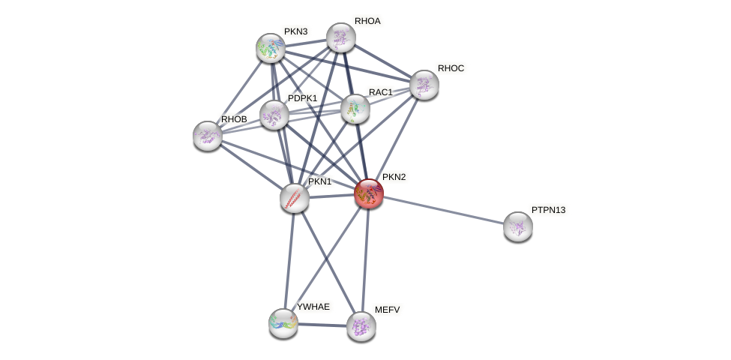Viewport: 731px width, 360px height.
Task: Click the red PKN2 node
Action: coord(369,193)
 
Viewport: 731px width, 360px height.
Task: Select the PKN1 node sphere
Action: coord(295,198)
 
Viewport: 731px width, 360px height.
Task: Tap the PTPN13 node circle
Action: coord(518,226)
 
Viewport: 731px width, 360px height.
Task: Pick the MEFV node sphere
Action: coord(361,326)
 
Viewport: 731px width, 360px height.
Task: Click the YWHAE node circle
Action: coord(283,323)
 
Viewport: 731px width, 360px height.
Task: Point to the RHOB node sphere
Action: coord(208,136)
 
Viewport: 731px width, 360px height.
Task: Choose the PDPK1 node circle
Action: coord(274,115)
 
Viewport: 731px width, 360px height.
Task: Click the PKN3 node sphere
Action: coord(271,48)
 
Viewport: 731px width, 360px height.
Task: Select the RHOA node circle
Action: coord(341,37)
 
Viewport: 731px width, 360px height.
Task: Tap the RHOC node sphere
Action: coord(424,85)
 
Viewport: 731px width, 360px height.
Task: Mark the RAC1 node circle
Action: coord(355,109)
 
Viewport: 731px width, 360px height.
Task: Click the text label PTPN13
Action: coord(548,210)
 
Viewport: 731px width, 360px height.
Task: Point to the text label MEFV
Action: coord(388,309)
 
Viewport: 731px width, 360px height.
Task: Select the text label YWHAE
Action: coord(313,307)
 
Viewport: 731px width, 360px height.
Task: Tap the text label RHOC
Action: coord(451,68)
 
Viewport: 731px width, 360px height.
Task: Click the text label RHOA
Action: coord(367,21)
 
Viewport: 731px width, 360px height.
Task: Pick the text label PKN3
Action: coord(295,31)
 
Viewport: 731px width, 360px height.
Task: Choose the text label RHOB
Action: coord(233,119)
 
